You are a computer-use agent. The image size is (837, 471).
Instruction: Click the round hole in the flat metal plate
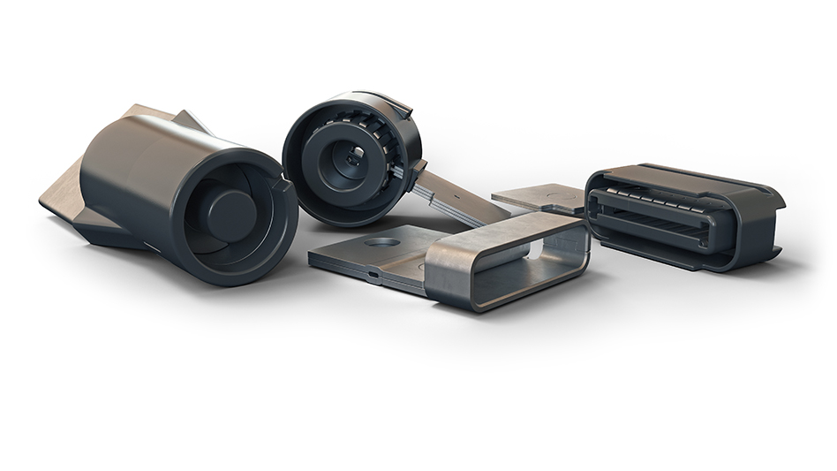(x=382, y=240)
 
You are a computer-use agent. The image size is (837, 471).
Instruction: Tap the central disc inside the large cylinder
(x=231, y=212)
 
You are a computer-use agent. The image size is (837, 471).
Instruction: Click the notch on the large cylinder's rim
(x=285, y=187)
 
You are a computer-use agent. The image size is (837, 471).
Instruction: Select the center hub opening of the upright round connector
(x=352, y=158)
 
